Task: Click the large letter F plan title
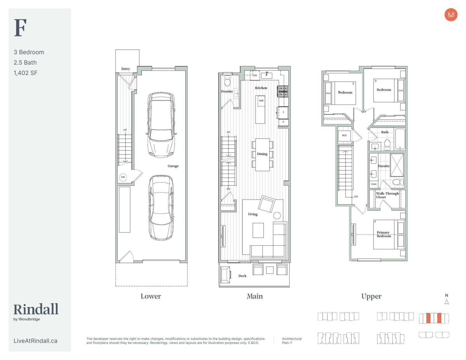click(20, 28)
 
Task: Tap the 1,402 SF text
click(26, 73)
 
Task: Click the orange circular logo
click(451, 15)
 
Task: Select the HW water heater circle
click(123, 177)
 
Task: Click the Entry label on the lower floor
click(126, 69)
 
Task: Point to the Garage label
click(173, 166)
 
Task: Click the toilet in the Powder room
click(227, 81)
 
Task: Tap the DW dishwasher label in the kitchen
click(255, 75)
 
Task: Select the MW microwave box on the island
click(261, 101)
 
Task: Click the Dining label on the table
click(262, 154)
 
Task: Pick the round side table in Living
click(277, 216)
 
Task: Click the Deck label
click(242, 276)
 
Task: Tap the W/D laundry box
click(344, 136)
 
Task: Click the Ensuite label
click(384, 166)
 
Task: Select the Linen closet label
click(374, 184)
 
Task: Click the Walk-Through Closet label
click(387, 195)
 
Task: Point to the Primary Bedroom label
click(384, 234)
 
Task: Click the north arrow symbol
click(447, 302)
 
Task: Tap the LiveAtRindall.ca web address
click(35, 341)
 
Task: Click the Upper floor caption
click(371, 297)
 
